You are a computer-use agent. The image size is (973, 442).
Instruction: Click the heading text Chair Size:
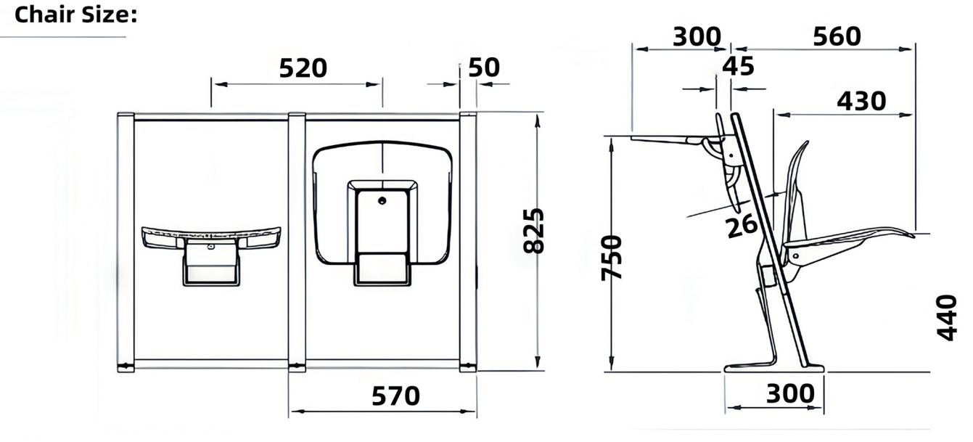click(x=76, y=15)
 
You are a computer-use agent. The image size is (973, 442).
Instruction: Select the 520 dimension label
click(x=303, y=68)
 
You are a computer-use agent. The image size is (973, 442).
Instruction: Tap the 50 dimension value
click(x=484, y=67)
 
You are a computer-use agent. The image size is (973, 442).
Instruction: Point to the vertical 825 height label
click(x=533, y=230)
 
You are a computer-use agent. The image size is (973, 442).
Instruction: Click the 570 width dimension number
click(x=395, y=396)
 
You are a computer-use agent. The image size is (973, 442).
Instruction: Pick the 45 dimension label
click(x=738, y=67)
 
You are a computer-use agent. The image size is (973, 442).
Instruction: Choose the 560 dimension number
click(x=837, y=36)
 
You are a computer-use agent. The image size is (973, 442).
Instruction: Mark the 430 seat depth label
click(x=861, y=101)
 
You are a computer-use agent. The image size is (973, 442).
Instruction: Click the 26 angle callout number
click(x=742, y=226)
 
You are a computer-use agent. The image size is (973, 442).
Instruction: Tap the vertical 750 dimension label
click(x=612, y=258)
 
